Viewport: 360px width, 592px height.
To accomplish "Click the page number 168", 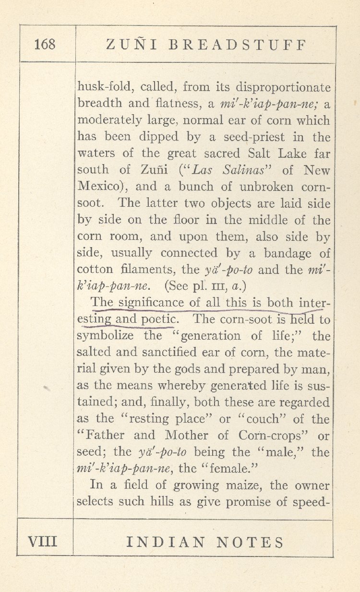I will click(x=45, y=45).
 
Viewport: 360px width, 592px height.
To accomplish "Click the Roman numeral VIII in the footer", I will click(x=42, y=542).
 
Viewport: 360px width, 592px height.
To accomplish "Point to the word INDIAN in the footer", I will click(x=161, y=542).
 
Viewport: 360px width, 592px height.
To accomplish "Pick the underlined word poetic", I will click(x=160, y=320).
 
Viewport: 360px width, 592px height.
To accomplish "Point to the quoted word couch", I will click(x=260, y=419).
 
